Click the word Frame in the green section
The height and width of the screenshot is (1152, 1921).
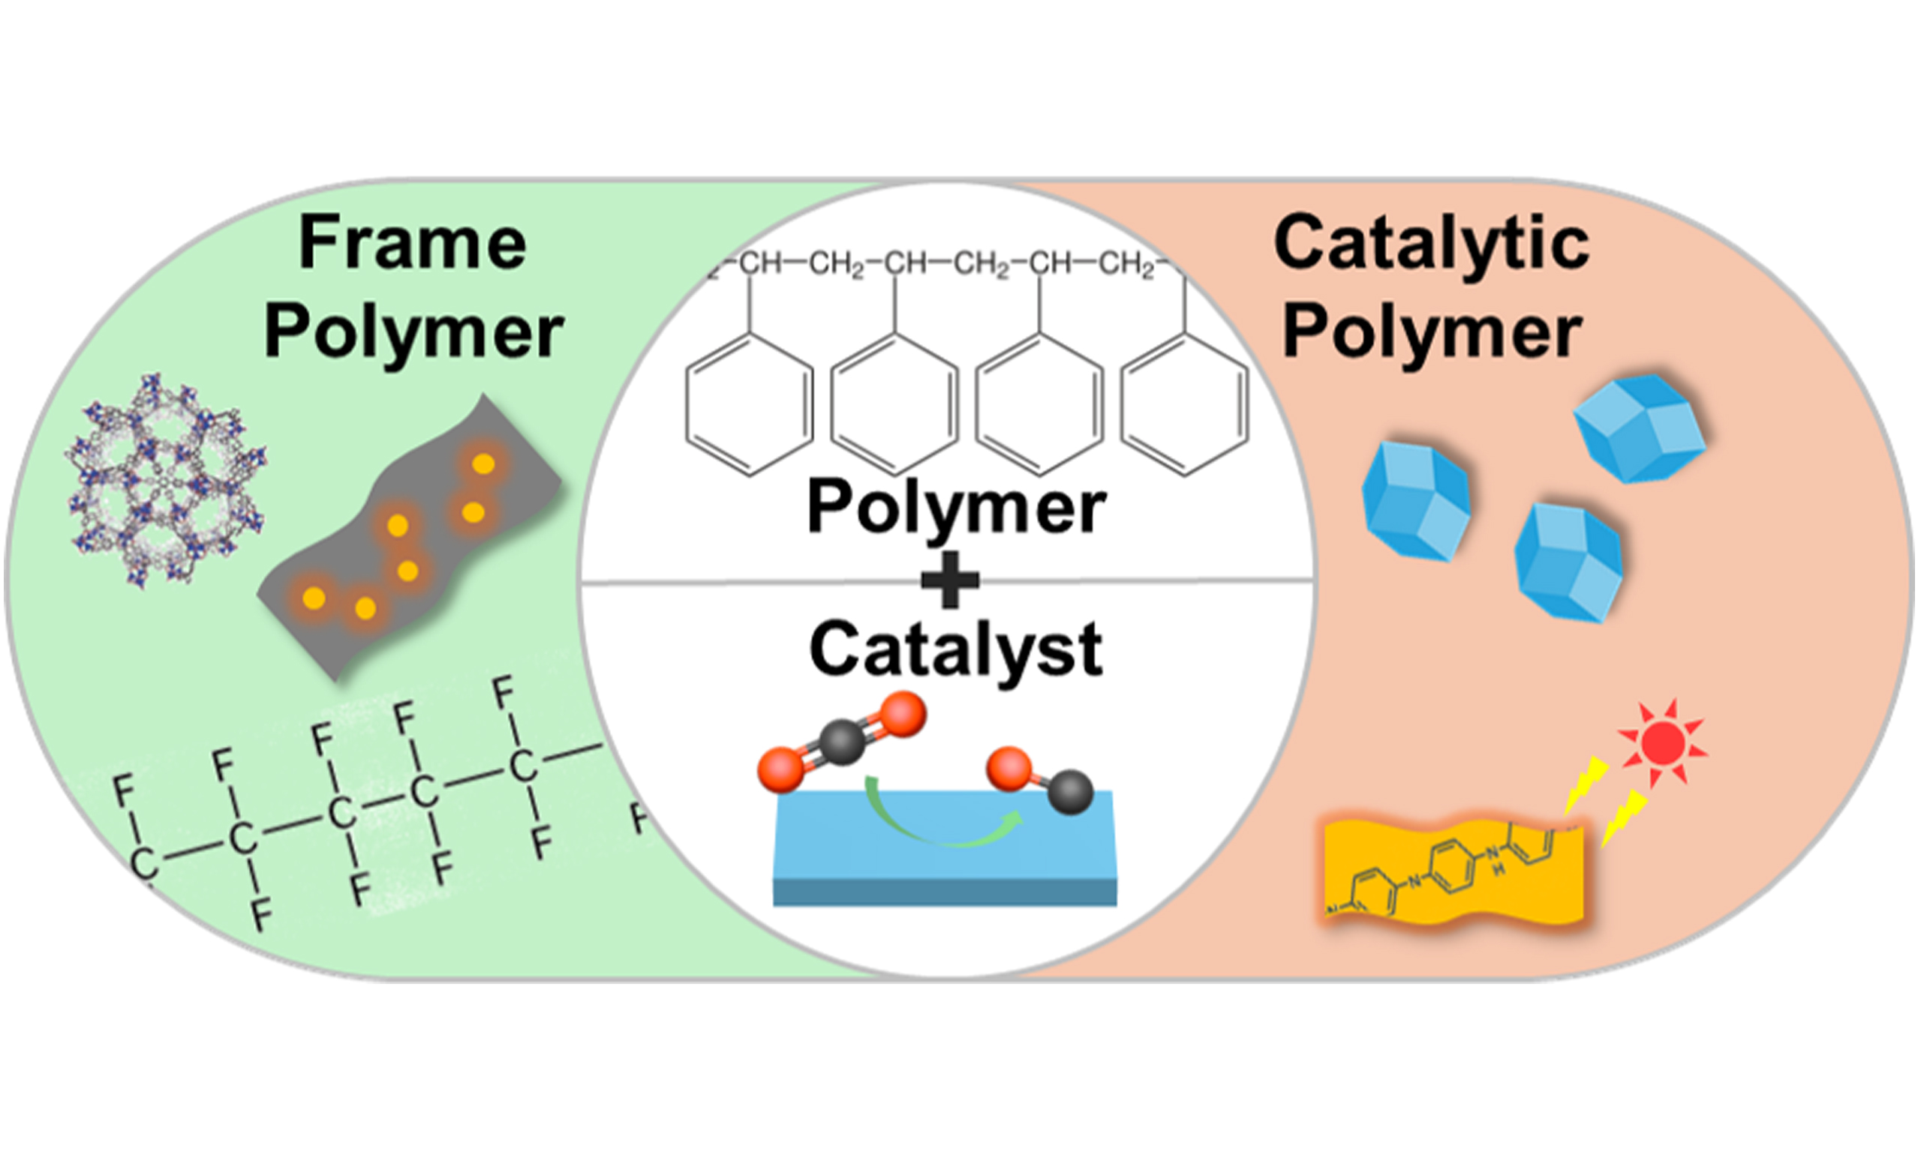[412, 243]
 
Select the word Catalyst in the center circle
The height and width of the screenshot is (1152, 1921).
[956, 650]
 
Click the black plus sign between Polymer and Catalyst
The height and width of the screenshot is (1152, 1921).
[950, 580]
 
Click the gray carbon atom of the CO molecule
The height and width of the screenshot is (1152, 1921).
[1071, 792]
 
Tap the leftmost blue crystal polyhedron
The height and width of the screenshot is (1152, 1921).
[1415, 501]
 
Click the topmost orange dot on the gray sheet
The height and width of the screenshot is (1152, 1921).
[483, 464]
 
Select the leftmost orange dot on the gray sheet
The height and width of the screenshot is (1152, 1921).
[314, 598]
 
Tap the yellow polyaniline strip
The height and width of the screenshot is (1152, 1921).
[1452, 873]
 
